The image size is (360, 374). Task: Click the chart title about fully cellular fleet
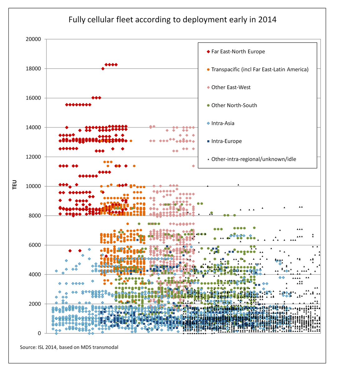(172, 20)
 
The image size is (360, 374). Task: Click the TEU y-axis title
(15, 185)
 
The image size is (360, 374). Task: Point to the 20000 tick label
(33, 39)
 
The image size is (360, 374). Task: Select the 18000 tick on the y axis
(33, 69)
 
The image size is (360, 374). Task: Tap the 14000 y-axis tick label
(33, 127)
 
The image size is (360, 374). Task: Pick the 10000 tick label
(33, 186)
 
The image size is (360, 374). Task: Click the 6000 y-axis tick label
(35, 245)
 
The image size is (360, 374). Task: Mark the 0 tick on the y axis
(39, 333)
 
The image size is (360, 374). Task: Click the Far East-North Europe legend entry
(236, 51)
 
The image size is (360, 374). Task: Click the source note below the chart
(69, 347)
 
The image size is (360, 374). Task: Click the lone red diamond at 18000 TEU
(103, 69)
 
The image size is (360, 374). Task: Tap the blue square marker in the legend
(208, 141)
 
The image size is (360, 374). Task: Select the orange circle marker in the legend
(208, 70)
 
